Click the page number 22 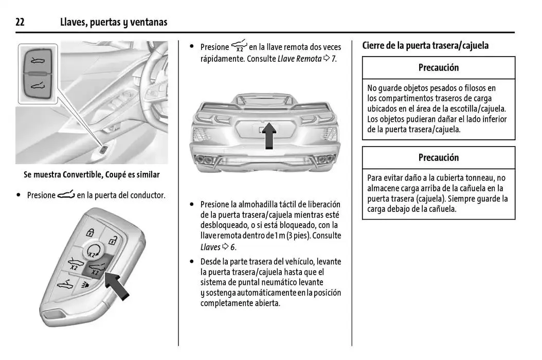coord(20,22)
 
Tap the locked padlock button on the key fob coord(90,231)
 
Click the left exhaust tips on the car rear coord(207,159)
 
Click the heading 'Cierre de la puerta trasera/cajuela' coord(425,45)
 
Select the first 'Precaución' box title coord(438,67)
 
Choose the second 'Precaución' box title coord(438,157)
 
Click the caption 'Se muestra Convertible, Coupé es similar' coord(92,175)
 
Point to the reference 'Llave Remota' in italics coord(299,59)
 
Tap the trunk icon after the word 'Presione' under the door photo coord(66,195)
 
